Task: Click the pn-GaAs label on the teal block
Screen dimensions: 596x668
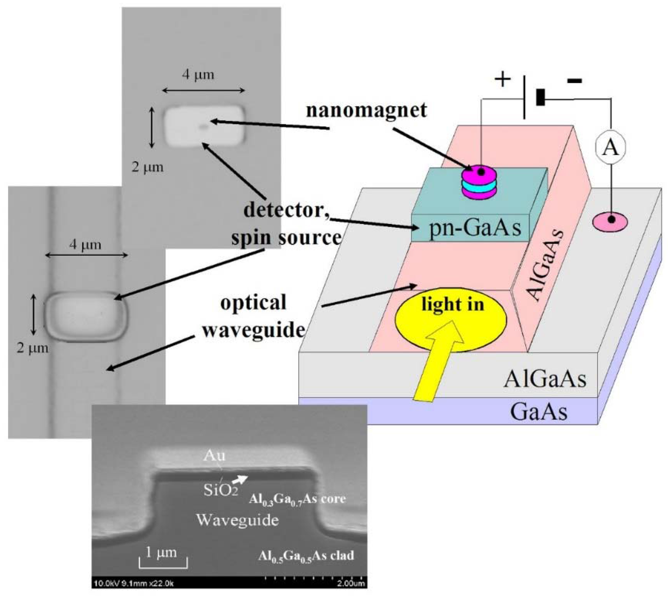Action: pos(475,228)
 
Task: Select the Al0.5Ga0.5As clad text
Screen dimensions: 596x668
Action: pos(306,556)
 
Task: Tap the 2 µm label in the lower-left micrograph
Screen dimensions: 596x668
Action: pos(32,348)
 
